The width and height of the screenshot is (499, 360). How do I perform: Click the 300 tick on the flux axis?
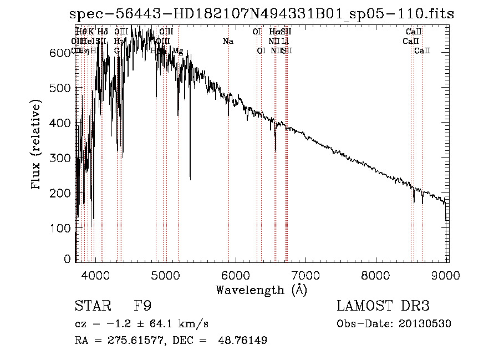(64, 158)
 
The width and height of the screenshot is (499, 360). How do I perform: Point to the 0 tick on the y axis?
(68, 259)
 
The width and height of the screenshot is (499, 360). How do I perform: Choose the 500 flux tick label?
(64, 88)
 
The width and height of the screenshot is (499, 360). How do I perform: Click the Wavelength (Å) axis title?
(261, 290)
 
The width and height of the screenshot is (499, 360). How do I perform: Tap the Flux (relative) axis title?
(37, 146)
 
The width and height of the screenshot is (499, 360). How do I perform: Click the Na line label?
(228, 41)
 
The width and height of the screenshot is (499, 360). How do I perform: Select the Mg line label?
(177, 51)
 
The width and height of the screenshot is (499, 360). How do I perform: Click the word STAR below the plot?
(92, 306)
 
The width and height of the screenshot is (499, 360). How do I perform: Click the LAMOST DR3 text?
(383, 306)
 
